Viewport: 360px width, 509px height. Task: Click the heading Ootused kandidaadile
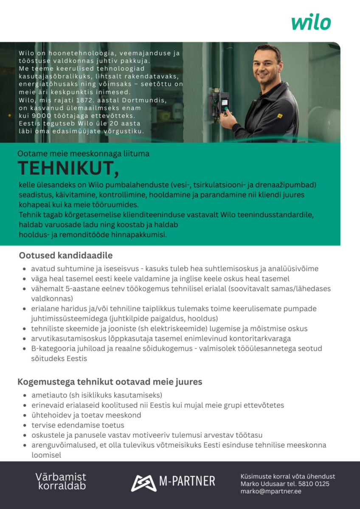[x=65, y=255]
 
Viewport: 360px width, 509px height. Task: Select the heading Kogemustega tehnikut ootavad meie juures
[x=110, y=382]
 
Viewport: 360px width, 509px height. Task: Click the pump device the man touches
[x=219, y=105]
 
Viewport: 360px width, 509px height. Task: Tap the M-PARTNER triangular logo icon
[x=143, y=481]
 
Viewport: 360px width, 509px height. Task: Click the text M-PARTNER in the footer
[x=187, y=481]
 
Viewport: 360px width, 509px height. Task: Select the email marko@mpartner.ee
[x=271, y=491]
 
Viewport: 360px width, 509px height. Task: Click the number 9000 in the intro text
[x=48, y=115]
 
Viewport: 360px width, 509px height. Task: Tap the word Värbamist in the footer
[x=61, y=477]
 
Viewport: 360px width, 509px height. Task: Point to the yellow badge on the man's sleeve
[x=280, y=116]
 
